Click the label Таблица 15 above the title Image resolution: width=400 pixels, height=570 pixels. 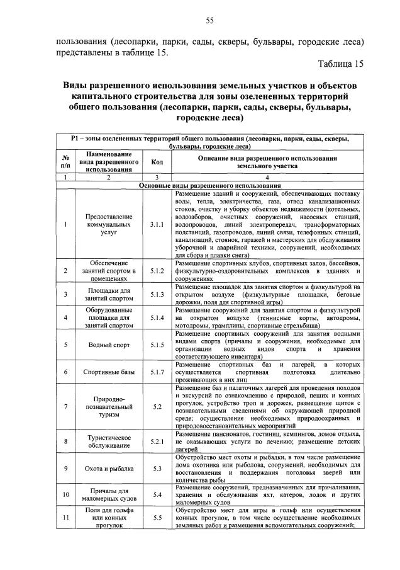(340, 64)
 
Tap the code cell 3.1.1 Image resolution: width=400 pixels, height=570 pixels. (157, 224)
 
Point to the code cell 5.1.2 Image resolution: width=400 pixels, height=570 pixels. (157, 271)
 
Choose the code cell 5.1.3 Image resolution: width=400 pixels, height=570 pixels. (157, 294)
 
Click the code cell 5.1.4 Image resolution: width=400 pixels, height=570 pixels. (157, 318)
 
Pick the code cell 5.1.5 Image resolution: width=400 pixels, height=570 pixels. (157, 345)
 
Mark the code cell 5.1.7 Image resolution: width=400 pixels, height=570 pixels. (157, 372)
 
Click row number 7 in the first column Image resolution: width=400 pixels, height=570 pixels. (65, 407)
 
